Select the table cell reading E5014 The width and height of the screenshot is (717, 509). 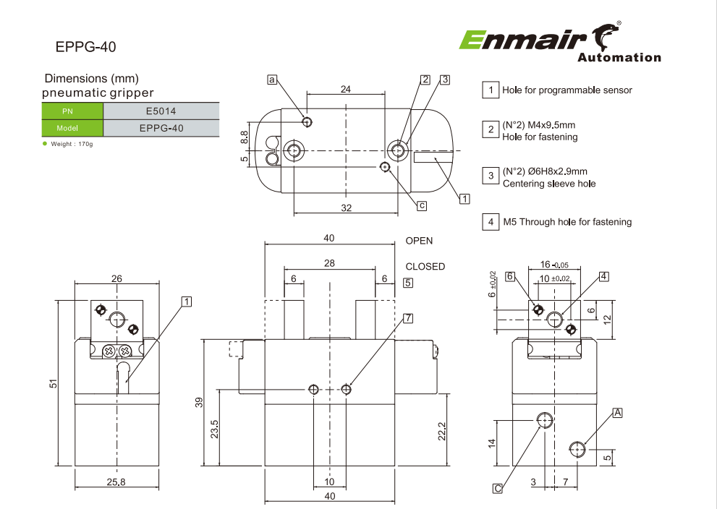pos(161,111)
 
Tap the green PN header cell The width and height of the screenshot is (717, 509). pos(72,111)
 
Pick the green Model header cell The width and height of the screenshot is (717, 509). pos(72,128)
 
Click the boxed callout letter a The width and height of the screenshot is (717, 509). pos(272,80)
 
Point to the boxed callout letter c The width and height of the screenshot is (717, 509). pos(422,205)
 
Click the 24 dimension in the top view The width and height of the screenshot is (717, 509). pos(346,89)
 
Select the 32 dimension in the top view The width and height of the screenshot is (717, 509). pos(346,208)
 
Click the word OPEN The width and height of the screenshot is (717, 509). pos(419,241)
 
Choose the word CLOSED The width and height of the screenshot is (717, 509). pos(425,266)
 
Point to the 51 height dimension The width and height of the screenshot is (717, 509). pos(54,384)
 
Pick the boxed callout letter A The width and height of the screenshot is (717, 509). pos(617,412)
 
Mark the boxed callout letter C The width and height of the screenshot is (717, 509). pos(498,489)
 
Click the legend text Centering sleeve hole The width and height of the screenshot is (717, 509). pos(549,184)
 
